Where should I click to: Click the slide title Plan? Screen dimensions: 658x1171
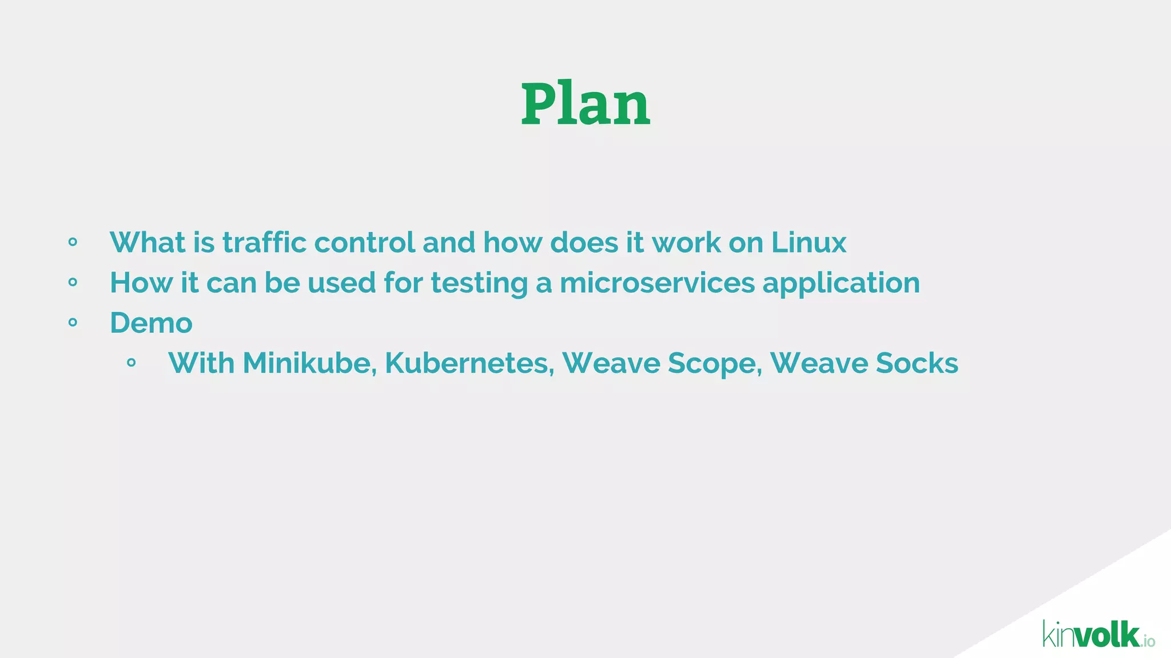585,104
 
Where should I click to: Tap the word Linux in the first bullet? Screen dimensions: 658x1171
808,243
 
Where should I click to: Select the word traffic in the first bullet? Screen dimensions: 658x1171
265,243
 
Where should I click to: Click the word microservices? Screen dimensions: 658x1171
657,283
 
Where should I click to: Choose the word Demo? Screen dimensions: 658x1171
151,323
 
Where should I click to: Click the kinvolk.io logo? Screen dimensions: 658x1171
1098,635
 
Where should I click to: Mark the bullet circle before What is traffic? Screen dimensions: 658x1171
73,242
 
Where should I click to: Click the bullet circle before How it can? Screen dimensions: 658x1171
73,282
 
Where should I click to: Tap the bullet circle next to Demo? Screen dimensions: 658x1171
73,323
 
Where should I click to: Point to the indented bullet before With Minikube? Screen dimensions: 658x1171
131,363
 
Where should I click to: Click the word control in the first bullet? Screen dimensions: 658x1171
364,243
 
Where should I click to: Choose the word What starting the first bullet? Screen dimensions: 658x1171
148,243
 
